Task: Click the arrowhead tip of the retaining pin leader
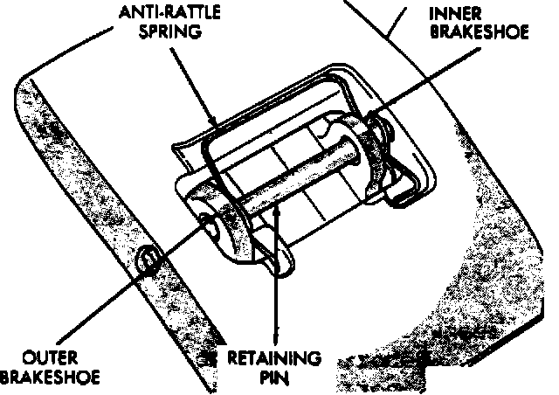point(277,203)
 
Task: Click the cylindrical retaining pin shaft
point(288,189)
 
